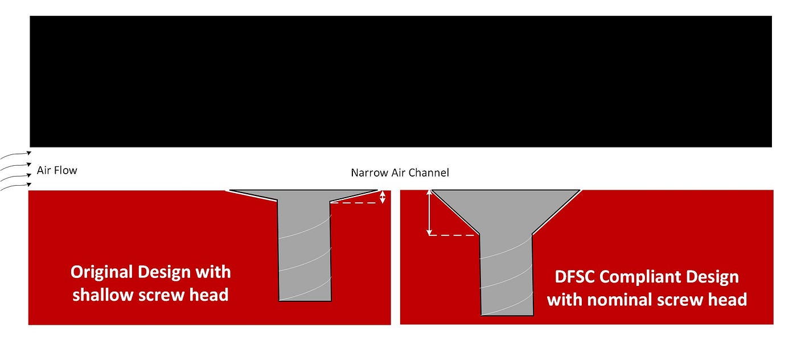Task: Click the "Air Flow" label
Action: pyautogui.click(x=57, y=170)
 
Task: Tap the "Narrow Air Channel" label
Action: pyautogui.click(x=400, y=173)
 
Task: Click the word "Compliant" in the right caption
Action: pyautogui.click(x=644, y=277)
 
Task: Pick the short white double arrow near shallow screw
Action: pyautogui.click(x=383, y=197)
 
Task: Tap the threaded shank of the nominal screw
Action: pyautogui.click(x=507, y=273)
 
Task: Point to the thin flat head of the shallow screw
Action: pyautogui.click(x=303, y=194)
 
